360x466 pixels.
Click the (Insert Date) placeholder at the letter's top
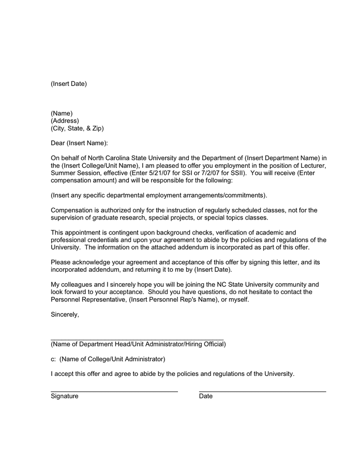coord(69,84)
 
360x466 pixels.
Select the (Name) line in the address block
coord(62,113)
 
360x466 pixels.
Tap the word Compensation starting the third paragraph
coord(72,210)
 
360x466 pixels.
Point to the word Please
coord(61,263)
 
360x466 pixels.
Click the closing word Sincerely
coord(65,314)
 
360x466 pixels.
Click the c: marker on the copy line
coord(53,359)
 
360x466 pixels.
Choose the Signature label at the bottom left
coord(65,396)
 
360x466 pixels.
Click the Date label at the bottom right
coord(206,396)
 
